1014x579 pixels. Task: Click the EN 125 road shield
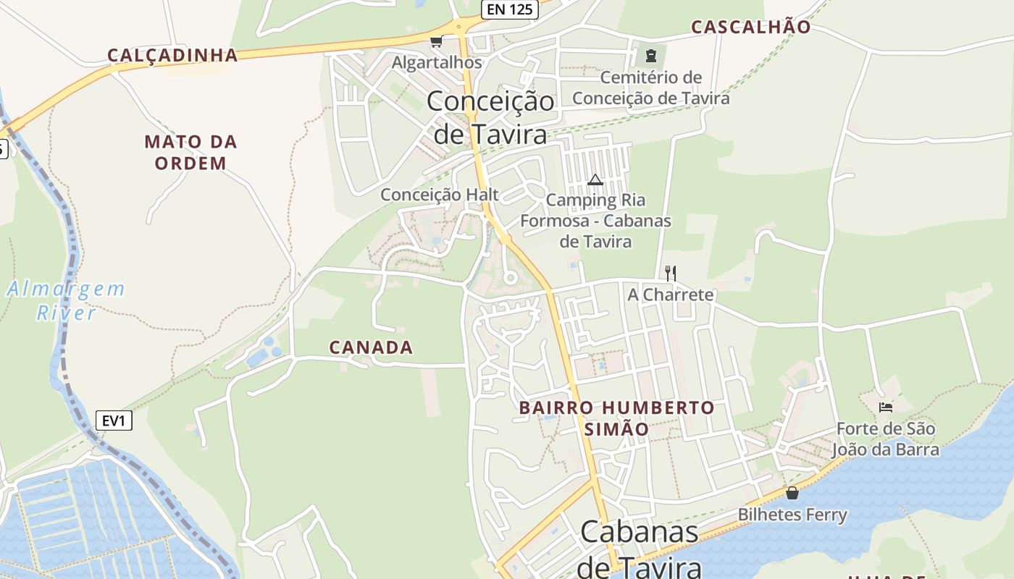pyautogui.click(x=509, y=9)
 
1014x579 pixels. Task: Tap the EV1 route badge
pyautogui.click(x=114, y=420)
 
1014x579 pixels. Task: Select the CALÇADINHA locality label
pyautogui.click(x=173, y=55)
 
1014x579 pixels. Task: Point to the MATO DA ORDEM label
pyautogui.click(x=190, y=152)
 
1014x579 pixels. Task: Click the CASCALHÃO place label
pyautogui.click(x=751, y=27)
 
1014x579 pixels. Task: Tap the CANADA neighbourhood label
pyautogui.click(x=372, y=347)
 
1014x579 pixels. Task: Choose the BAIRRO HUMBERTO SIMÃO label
pyautogui.click(x=617, y=418)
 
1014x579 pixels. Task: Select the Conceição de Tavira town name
pyautogui.click(x=490, y=117)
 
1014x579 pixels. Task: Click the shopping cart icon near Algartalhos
pyautogui.click(x=436, y=42)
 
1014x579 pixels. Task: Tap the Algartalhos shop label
pyautogui.click(x=437, y=63)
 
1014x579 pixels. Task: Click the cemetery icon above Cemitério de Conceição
pyautogui.click(x=650, y=55)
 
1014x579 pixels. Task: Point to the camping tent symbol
pyautogui.click(x=595, y=179)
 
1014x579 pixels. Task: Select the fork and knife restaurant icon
pyautogui.click(x=671, y=273)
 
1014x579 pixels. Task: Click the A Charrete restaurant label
pyautogui.click(x=671, y=295)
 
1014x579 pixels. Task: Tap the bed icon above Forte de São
pyautogui.click(x=885, y=407)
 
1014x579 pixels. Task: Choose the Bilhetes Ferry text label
pyautogui.click(x=792, y=515)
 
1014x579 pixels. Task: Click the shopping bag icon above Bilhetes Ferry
pyautogui.click(x=792, y=493)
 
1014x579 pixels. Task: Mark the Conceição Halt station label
pyautogui.click(x=440, y=195)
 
